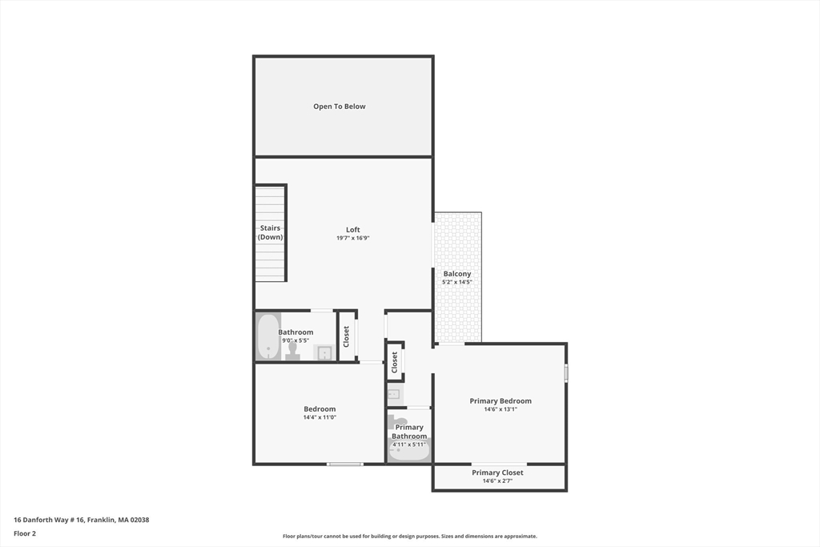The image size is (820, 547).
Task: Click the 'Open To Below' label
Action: [340, 107]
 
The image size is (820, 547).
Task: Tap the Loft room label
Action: [353, 230]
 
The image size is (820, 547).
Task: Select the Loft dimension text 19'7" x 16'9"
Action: [353, 238]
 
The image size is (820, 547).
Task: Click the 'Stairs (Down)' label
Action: [271, 232]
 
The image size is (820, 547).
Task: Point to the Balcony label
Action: [457, 274]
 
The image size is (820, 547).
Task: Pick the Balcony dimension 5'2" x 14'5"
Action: [457, 282]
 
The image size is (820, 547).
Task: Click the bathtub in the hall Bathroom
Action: [268, 336]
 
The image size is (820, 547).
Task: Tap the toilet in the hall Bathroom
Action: [293, 350]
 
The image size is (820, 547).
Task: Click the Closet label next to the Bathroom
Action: [346, 336]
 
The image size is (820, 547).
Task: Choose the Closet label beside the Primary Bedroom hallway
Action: [395, 362]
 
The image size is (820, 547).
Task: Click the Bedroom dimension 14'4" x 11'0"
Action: [320, 417]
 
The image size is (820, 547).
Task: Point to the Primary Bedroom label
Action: [500, 401]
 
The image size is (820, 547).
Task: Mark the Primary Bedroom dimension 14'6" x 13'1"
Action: [500, 409]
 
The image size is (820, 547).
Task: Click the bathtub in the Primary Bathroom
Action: [409, 452]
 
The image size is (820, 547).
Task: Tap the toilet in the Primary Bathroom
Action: [398, 421]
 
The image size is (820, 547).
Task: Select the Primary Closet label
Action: [497, 473]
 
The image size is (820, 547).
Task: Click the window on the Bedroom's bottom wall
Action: [345, 464]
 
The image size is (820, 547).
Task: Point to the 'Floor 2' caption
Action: [25, 533]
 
